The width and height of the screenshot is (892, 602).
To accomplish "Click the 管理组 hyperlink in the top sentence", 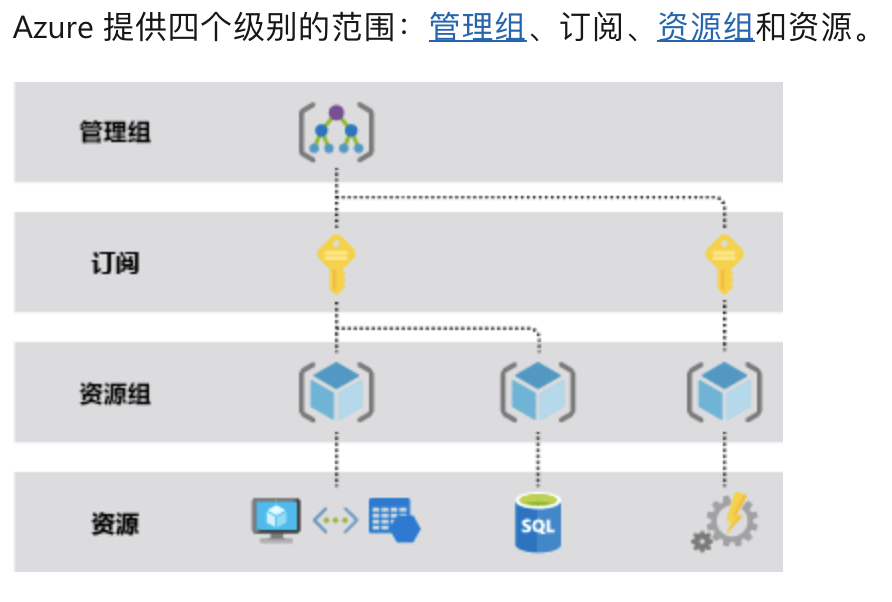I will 477,27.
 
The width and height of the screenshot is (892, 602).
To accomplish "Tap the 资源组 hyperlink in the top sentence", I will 705,27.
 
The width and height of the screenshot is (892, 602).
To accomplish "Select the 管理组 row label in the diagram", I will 115,132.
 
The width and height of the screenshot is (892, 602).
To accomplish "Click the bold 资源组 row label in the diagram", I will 115,393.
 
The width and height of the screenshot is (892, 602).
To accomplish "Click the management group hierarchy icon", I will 336,132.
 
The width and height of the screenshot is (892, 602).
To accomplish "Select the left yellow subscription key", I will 336,262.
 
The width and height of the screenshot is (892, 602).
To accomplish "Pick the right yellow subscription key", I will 724,262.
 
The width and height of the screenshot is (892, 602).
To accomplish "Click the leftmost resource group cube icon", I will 336,392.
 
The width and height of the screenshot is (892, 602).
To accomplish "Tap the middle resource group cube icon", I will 538,392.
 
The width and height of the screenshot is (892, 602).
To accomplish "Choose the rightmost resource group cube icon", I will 724,392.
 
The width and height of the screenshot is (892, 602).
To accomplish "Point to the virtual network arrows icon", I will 336,520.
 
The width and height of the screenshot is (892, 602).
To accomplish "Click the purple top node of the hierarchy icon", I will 336,112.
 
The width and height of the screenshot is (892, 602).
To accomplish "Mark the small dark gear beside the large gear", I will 701,542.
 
